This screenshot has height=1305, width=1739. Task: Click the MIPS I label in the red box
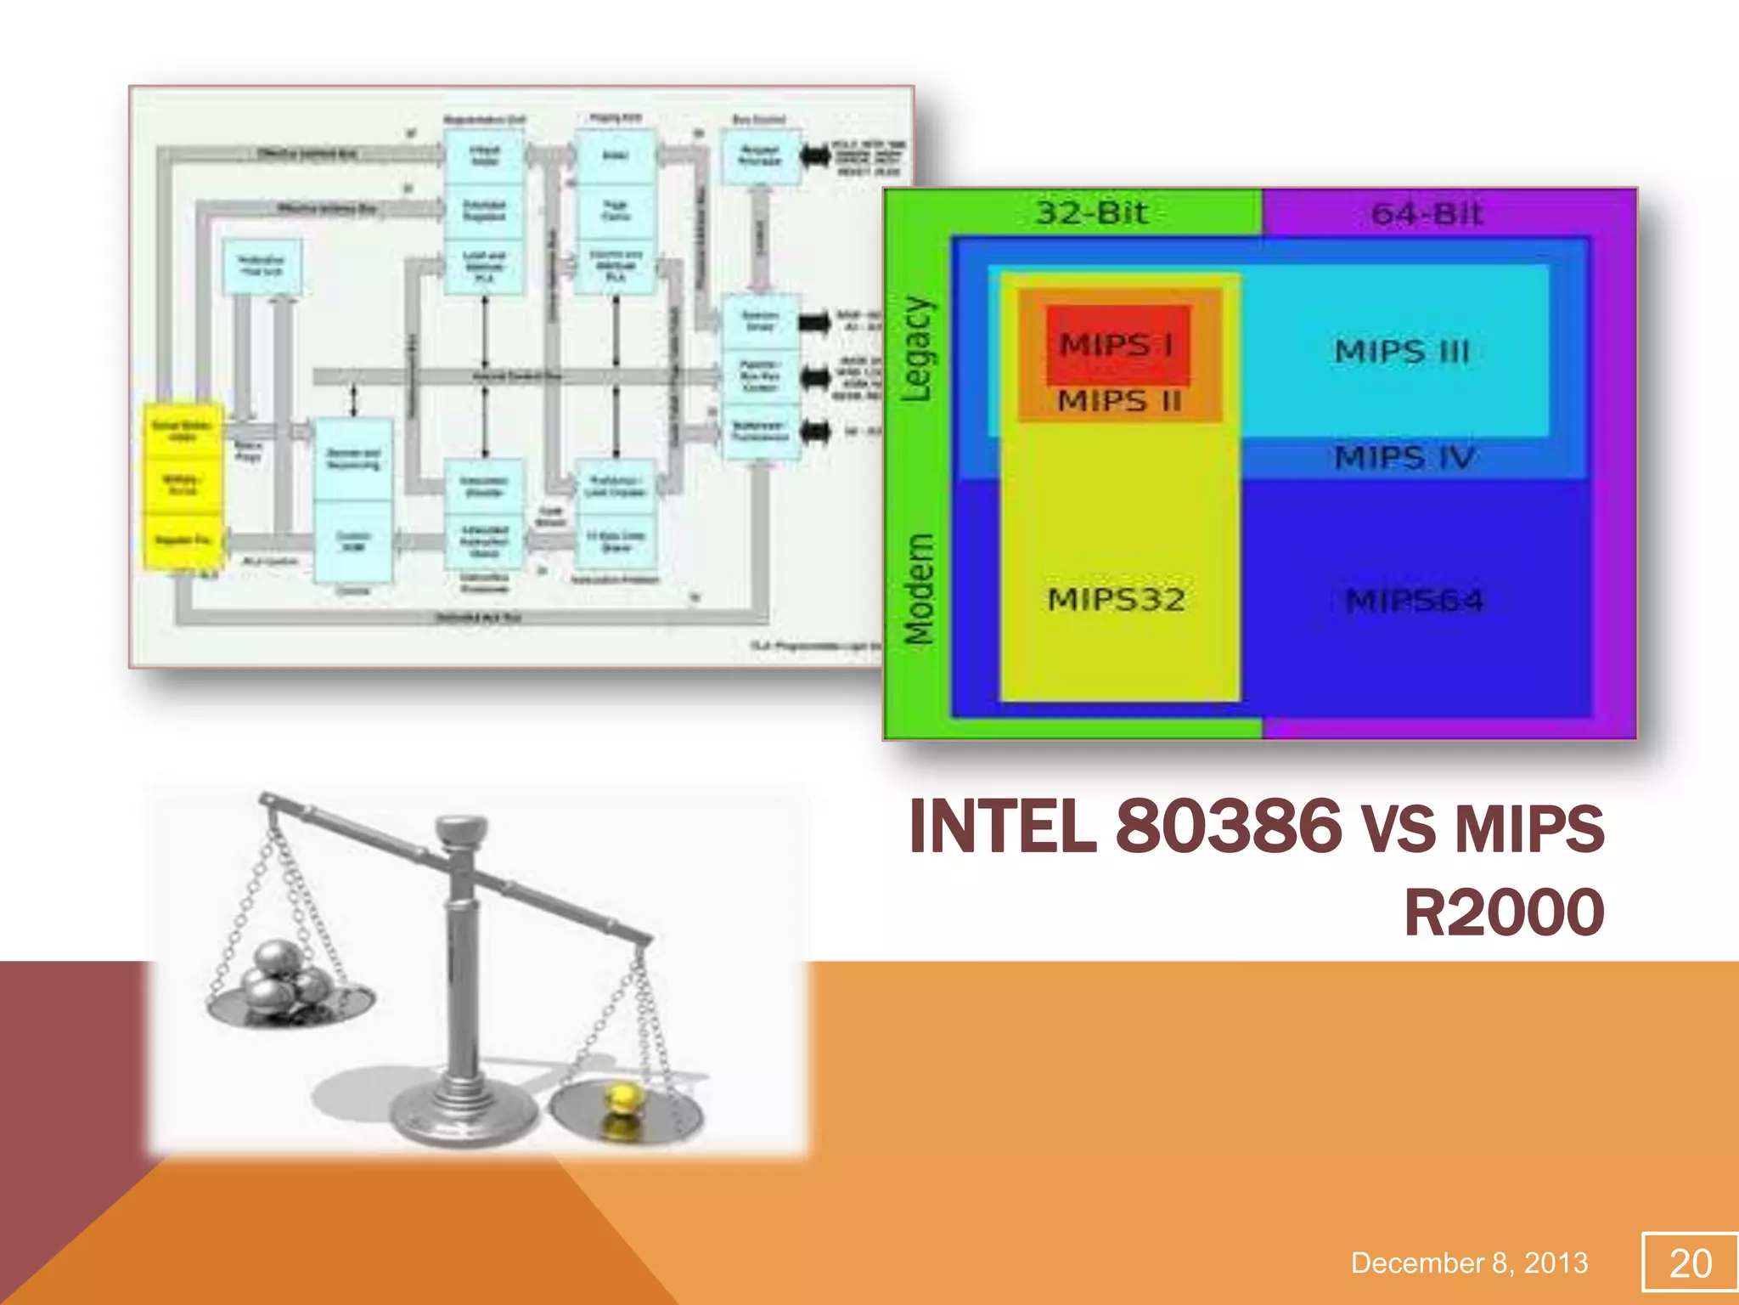click(x=1117, y=345)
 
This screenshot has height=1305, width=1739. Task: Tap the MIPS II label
click(x=1119, y=400)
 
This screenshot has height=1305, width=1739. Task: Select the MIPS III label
click(x=1401, y=351)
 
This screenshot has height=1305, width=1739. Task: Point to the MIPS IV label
click(x=1403, y=458)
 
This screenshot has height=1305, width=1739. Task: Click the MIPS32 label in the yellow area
click(x=1116, y=600)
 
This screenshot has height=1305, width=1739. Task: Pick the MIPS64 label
click(x=1415, y=602)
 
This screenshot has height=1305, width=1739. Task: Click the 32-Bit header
click(x=1092, y=212)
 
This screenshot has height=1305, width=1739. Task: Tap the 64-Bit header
click(x=1427, y=213)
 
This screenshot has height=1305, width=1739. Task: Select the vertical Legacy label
click(x=917, y=349)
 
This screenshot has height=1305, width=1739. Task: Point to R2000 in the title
click(x=1504, y=912)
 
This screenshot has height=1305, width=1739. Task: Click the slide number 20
click(x=1690, y=1263)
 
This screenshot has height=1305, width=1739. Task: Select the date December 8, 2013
click(x=1469, y=1263)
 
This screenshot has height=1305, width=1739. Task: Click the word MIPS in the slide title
click(x=1529, y=828)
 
